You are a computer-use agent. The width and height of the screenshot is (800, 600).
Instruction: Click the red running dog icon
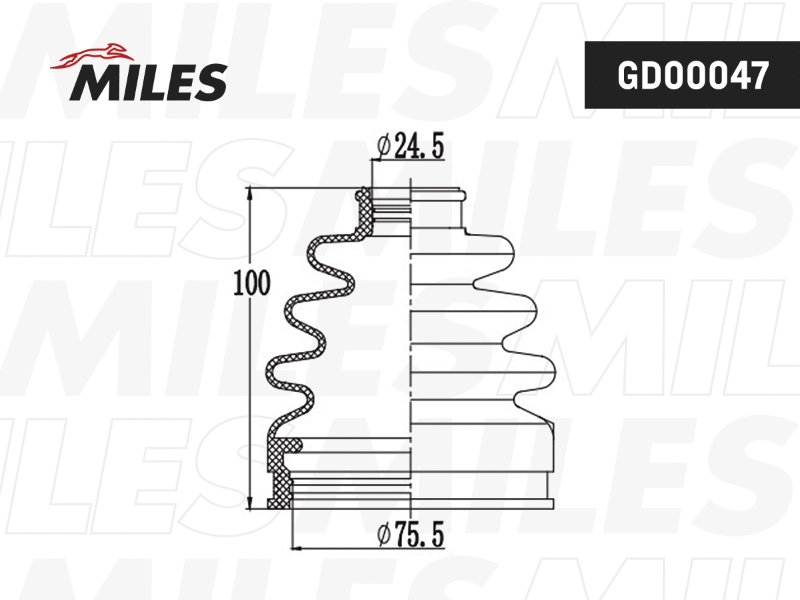pos(90,56)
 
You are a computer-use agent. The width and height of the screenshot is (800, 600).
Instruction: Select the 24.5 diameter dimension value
pos(419,147)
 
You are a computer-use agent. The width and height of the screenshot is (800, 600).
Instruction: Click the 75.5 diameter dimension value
pos(419,535)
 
